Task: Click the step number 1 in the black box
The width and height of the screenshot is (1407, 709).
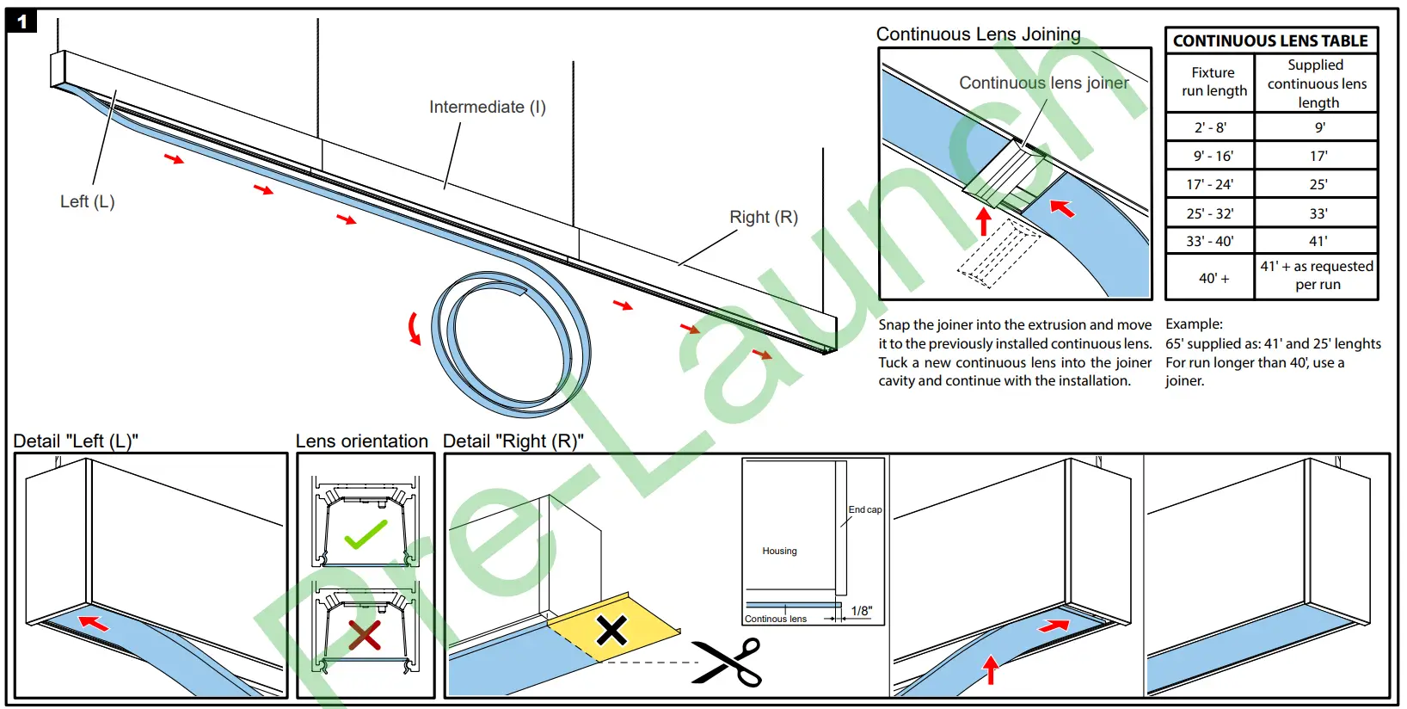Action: click(x=22, y=22)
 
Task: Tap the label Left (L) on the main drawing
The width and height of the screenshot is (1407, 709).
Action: click(x=87, y=201)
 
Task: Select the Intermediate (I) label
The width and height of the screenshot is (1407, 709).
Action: click(x=487, y=108)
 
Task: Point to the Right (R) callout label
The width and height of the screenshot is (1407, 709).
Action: click(x=763, y=218)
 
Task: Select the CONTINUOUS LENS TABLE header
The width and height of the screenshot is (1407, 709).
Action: click(x=1270, y=41)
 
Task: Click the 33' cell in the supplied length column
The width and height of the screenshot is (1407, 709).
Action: click(x=1318, y=213)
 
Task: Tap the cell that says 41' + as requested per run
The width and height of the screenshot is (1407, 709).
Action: click(x=1317, y=275)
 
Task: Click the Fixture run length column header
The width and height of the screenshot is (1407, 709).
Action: click(x=1213, y=82)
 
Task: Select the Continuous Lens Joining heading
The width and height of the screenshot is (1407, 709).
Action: click(x=978, y=34)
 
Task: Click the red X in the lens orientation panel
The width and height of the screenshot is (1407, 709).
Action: click(x=365, y=635)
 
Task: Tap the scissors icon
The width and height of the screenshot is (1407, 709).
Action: click(x=728, y=662)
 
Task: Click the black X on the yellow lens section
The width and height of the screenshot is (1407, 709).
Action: click(x=611, y=631)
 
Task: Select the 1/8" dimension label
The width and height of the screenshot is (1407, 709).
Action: click(x=861, y=611)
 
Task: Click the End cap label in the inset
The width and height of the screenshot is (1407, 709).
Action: click(x=864, y=509)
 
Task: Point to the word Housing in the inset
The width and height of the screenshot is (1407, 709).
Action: click(x=779, y=551)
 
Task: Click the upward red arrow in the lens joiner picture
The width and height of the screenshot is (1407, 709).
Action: click(x=984, y=221)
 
